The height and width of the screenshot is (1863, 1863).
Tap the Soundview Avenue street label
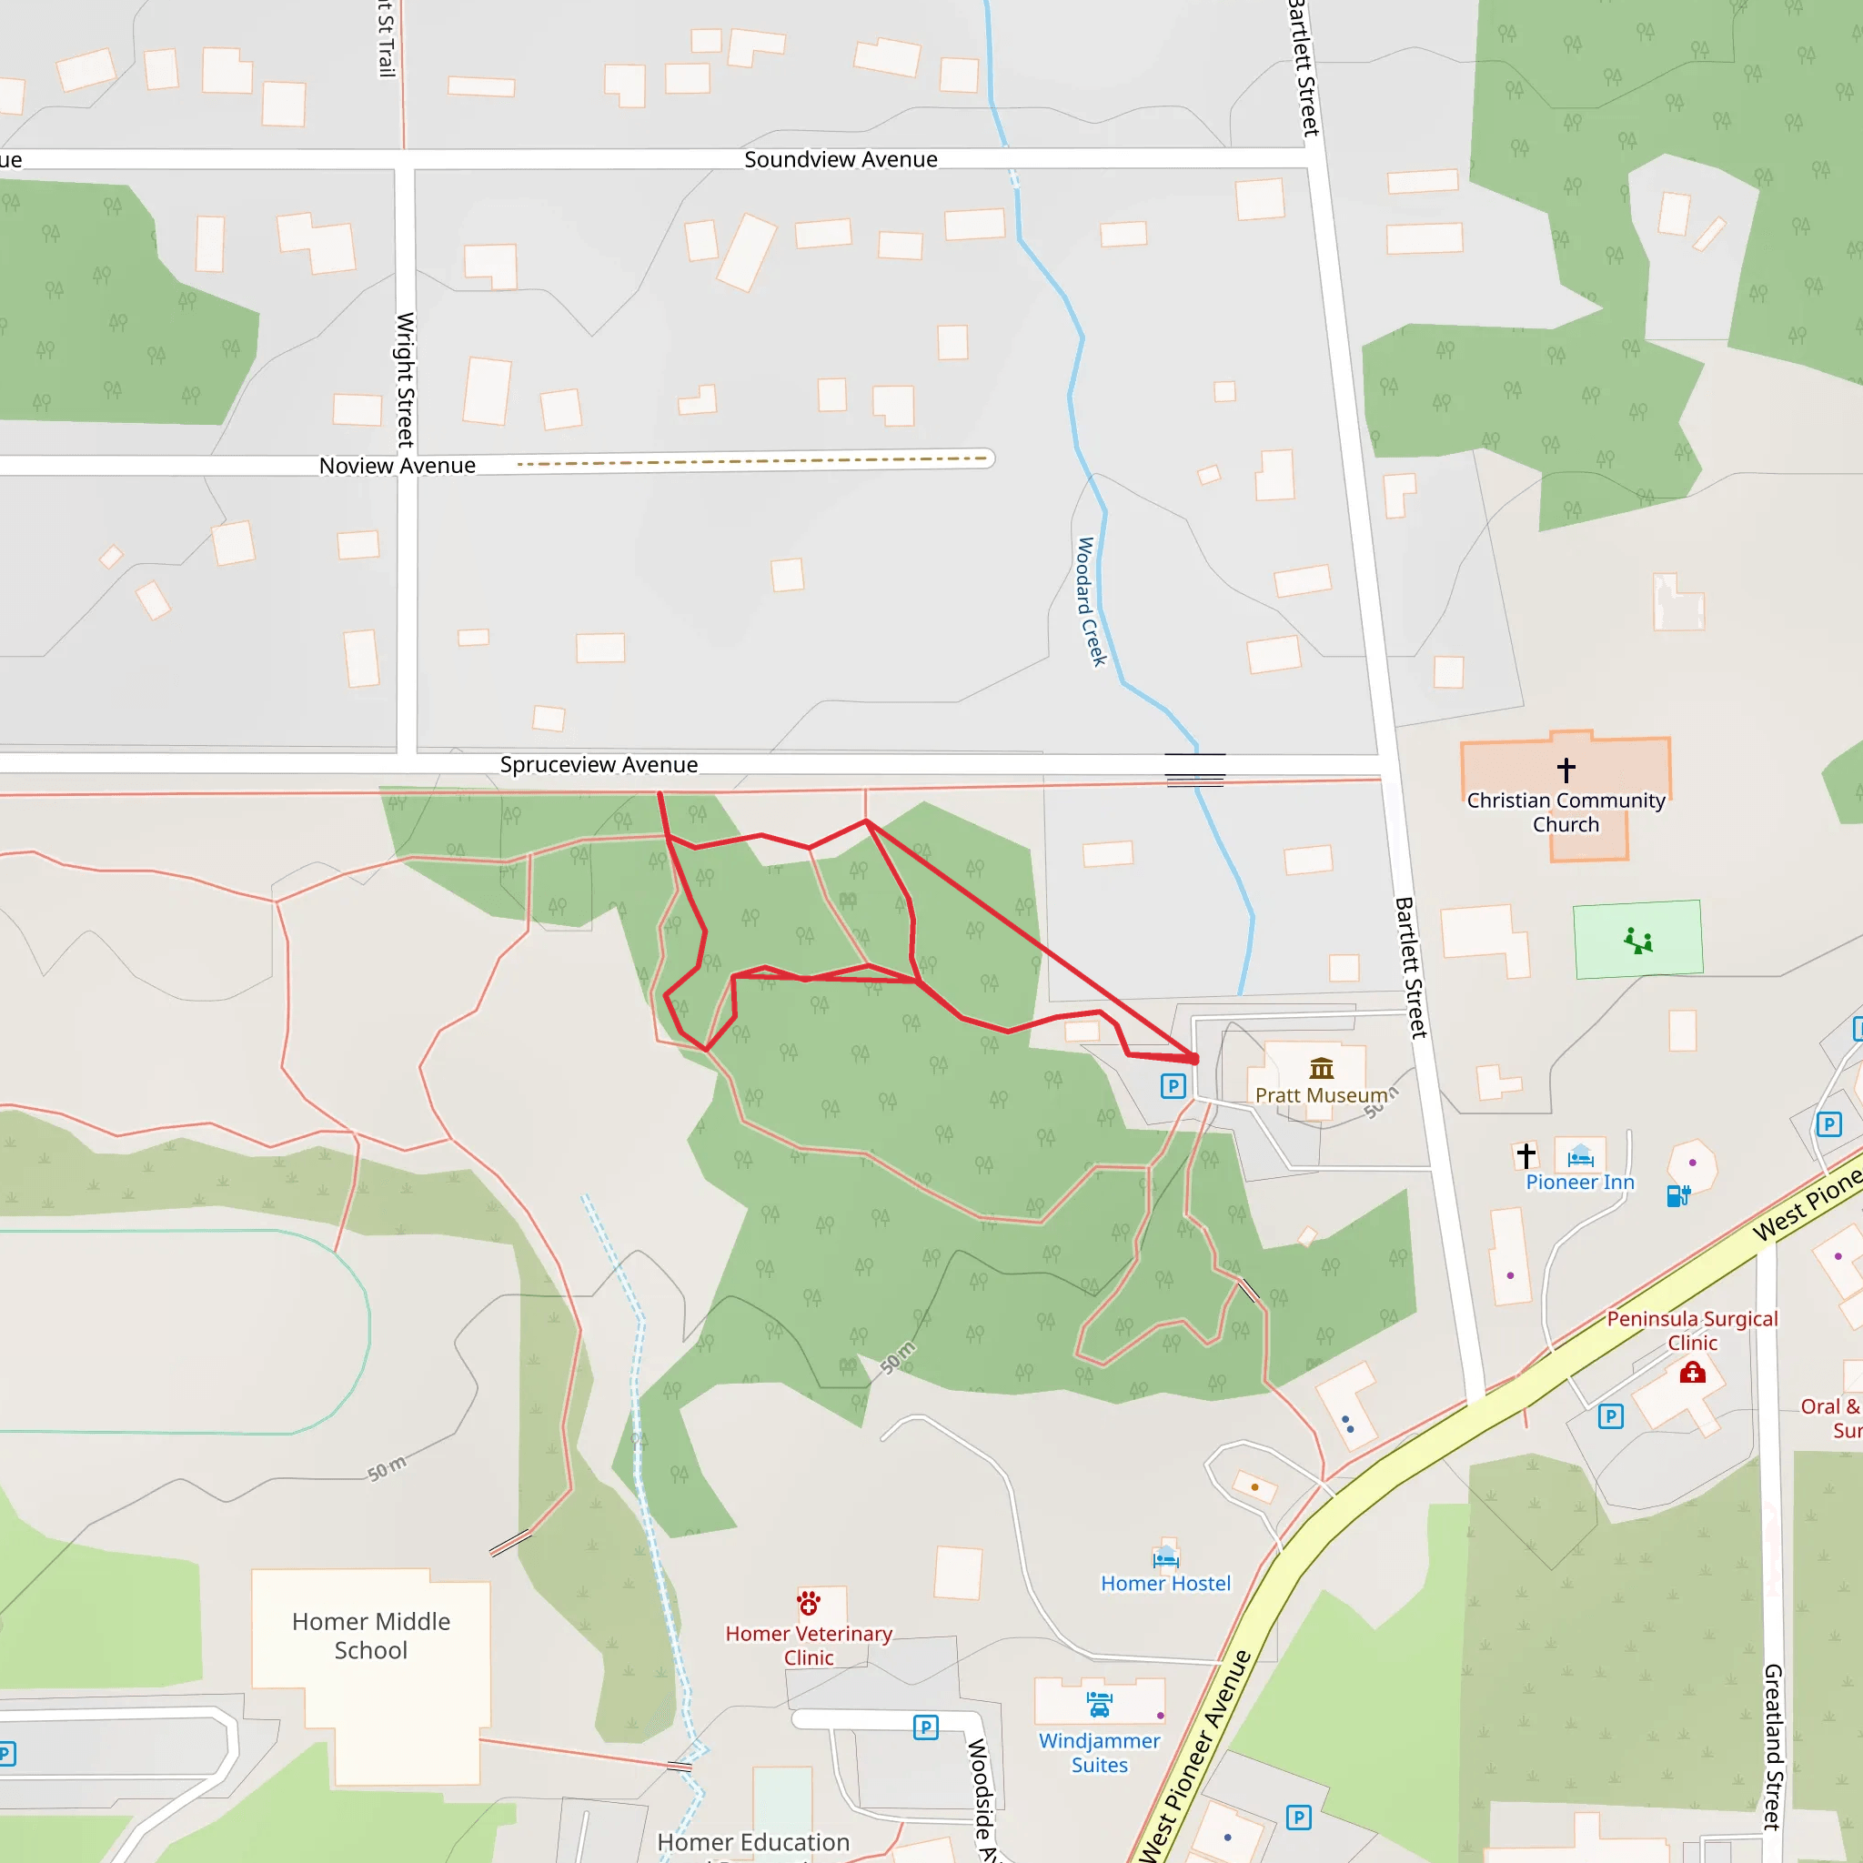pos(840,160)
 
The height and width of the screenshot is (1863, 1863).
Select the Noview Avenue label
pos(398,466)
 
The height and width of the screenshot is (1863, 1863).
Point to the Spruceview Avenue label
pos(598,765)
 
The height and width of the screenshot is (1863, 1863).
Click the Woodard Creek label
pos(1091,601)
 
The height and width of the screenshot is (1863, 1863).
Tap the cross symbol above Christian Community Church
pos(1566,770)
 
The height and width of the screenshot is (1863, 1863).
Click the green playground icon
pos(1637,941)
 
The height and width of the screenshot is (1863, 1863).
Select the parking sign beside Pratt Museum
pos(1173,1086)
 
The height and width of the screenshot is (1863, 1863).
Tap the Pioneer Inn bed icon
pos(1579,1155)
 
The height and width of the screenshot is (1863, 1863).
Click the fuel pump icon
pos(1677,1195)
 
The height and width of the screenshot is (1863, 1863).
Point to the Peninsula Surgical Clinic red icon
pos(1692,1372)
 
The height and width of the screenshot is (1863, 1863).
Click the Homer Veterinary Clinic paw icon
pos(808,1603)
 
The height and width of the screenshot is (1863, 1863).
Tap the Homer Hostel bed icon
pos(1166,1556)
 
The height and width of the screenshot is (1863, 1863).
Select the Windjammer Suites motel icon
pos(1098,1705)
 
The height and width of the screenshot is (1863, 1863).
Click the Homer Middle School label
pos(371,1636)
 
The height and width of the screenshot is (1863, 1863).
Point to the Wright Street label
pos(406,379)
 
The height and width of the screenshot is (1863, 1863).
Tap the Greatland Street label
pos(1772,1746)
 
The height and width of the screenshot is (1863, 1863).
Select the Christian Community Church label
pos(1566,812)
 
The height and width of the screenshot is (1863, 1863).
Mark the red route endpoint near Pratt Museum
pos(1195,1059)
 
